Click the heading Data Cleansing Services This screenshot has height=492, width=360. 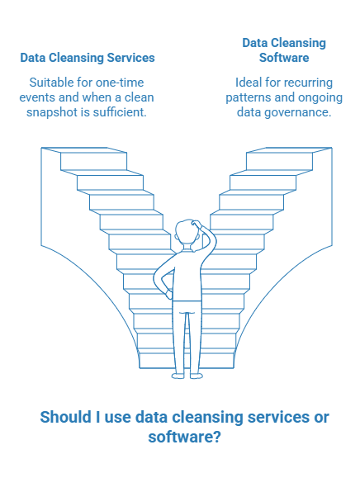pos(88,58)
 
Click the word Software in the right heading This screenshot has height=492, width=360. pos(284,58)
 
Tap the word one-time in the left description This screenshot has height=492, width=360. pos(120,83)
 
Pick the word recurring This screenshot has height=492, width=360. pos(309,83)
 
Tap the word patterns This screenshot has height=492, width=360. pos(249,97)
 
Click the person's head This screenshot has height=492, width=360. pos(188,234)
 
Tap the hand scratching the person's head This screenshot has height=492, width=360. pos(197,224)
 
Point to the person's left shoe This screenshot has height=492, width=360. pos(178,376)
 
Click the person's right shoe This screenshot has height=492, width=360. pos(197,376)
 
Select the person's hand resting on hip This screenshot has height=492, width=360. pos(168,294)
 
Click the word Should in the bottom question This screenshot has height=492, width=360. pos(65,418)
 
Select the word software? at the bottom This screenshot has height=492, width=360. pos(185,437)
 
